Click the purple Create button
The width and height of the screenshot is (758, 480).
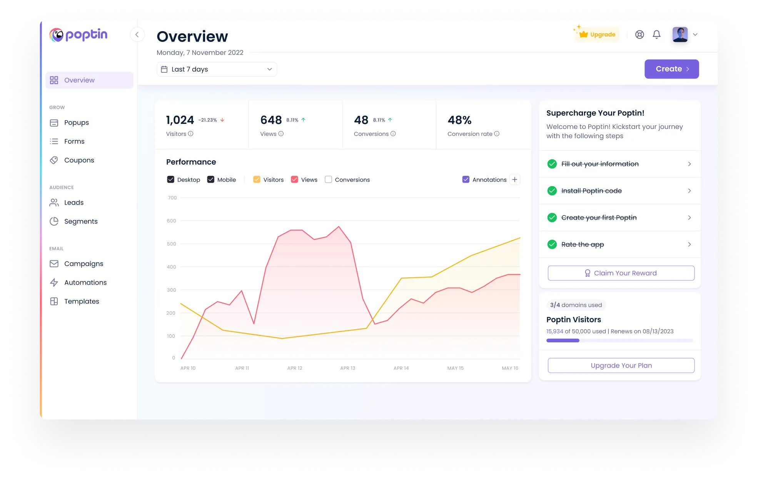[671, 69]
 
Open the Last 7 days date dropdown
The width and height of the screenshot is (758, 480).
[217, 69]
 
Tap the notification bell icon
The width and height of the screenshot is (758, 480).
[656, 35]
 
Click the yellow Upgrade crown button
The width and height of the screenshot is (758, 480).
[597, 34]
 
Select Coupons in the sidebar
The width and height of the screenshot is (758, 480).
[79, 160]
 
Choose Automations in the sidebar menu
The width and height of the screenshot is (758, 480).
[85, 282]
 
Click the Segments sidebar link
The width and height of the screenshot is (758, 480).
[81, 221]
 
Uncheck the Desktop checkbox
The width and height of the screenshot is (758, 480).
[170, 180]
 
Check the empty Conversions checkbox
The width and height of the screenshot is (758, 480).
[328, 180]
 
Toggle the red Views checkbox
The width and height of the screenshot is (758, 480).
[294, 180]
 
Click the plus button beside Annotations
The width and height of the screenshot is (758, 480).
[514, 180]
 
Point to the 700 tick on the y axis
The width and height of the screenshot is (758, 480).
[172, 198]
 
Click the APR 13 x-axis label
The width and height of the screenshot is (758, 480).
[348, 368]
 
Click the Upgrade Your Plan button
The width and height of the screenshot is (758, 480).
[621, 365]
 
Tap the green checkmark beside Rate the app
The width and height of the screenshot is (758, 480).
[552, 244]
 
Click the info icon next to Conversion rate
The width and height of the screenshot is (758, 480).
[497, 134]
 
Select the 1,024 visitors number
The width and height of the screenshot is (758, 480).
[180, 120]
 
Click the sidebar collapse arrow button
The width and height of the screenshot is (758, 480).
[137, 35]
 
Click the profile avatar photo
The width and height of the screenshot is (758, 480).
[680, 35]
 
